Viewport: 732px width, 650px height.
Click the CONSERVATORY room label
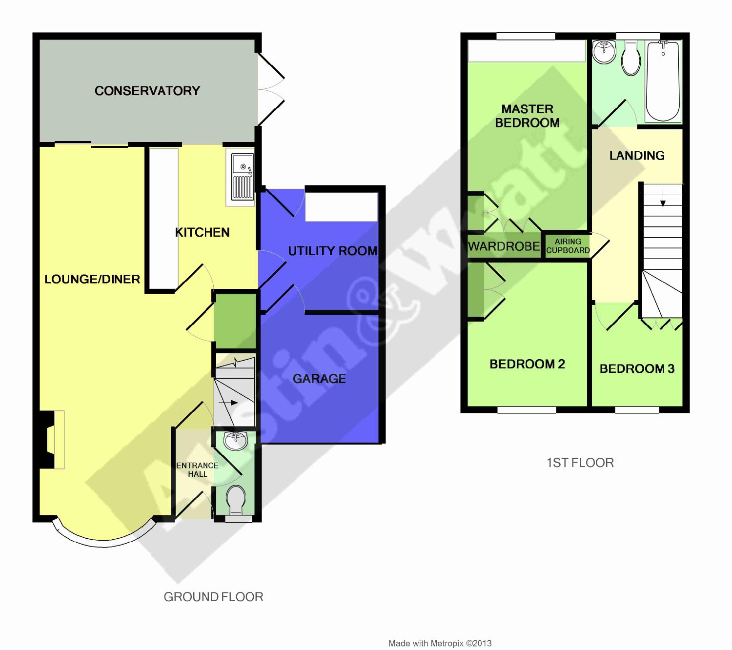click(147, 91)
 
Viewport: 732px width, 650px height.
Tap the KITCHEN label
click(203, 232)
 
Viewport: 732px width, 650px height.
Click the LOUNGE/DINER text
click(92, 279)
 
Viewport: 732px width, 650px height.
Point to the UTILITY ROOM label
click(332, 251)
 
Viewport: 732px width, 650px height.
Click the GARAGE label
click(319, 379)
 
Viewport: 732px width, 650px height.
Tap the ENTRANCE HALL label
click(197, 470)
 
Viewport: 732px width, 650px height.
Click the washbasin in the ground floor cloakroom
click(235, 441)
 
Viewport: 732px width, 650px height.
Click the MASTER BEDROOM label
click(527, 116)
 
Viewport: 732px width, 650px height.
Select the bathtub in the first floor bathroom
click(663, 81)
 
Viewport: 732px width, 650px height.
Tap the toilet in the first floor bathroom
click(631, 58)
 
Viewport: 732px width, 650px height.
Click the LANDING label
click(637, 156)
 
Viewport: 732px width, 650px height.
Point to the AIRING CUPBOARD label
click(568, 245)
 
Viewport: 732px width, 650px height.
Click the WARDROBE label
click(504, 246)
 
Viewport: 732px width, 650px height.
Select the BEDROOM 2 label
click(527, 364)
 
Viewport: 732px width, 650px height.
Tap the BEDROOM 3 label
click(637, 368)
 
